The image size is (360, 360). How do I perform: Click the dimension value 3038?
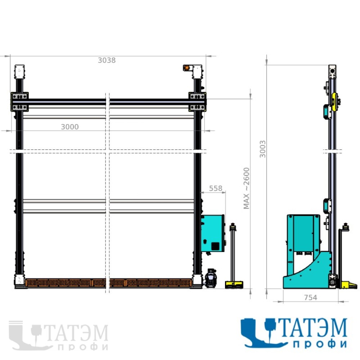tap(107, 60)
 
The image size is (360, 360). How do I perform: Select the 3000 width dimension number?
tap(70, 127)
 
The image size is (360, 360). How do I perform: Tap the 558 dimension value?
tap(216, 188)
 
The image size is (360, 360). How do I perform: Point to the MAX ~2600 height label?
tap(246, 188)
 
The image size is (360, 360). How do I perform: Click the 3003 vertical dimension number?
tap(262, 149)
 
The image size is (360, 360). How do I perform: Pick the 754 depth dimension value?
tap(310, 297)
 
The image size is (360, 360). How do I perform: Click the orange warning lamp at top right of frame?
tap(187, 68)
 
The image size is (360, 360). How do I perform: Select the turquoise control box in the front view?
tap(213, 233)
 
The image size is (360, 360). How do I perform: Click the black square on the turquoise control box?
tap(215, 246)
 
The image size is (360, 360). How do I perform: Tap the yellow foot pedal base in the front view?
tap(234, 285)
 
